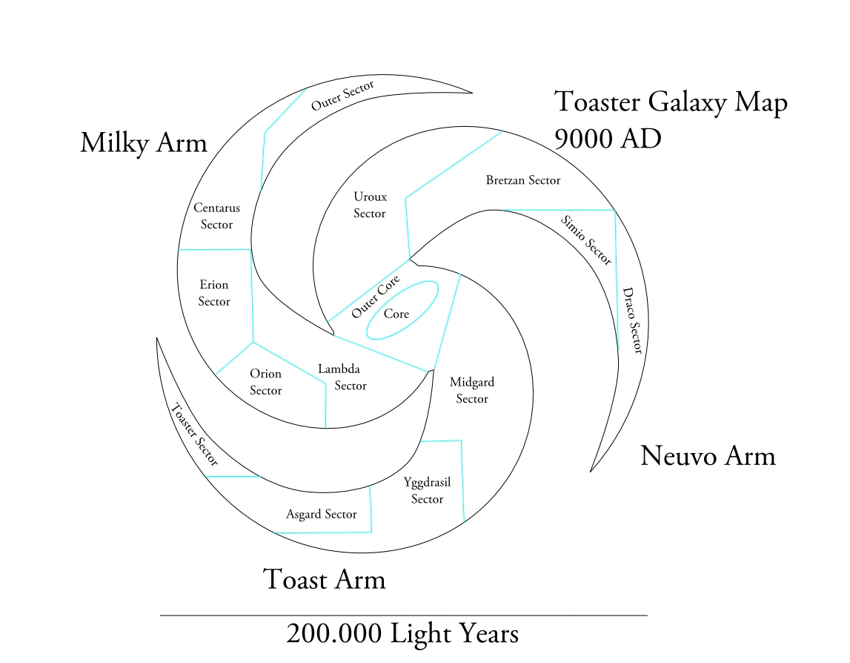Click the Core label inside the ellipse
point(396,314)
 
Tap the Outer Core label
point(376,297)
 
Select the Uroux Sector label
point(370,205)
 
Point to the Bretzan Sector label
point(523,180)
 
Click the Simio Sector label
point(586,240)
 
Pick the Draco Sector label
point(632,320)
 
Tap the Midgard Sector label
point(472,391)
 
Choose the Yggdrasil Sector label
point(428,490)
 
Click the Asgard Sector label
point(322,514)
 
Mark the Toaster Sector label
point(193,435)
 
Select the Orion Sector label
point(265,382)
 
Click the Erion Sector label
point(214,293)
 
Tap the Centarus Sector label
point(217,217)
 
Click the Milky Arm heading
point(144,142)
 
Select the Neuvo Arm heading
point(708,455)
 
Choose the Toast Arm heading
point(325,578)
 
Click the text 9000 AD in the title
point(608,138)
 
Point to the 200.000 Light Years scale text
point(402,634)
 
